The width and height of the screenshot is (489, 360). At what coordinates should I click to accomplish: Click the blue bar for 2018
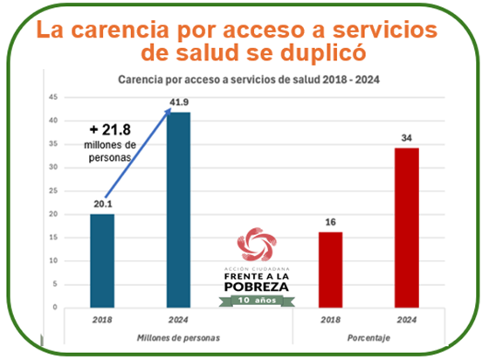(x=103, y=260)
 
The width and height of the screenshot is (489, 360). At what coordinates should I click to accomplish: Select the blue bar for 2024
(x=178, y=210)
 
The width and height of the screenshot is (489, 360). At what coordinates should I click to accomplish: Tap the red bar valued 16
(x=330, y=269)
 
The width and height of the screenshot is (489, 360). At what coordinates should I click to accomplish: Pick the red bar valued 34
(x=406, y=227)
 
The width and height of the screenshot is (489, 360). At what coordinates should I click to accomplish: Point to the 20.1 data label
(x=102, y=205)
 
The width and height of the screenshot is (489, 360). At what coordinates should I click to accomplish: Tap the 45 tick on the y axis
(x=52, y=97)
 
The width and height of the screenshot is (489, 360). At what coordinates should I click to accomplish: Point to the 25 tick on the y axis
(x=52, y=190)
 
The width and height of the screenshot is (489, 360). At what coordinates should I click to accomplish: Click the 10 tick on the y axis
(x=52, y=260)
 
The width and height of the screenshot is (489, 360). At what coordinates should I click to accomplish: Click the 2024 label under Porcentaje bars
(x=406, y=319)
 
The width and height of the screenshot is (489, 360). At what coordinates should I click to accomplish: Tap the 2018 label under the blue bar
(x=102, y=319)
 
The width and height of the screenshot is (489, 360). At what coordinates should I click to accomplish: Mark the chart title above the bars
(x=251, y=80)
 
